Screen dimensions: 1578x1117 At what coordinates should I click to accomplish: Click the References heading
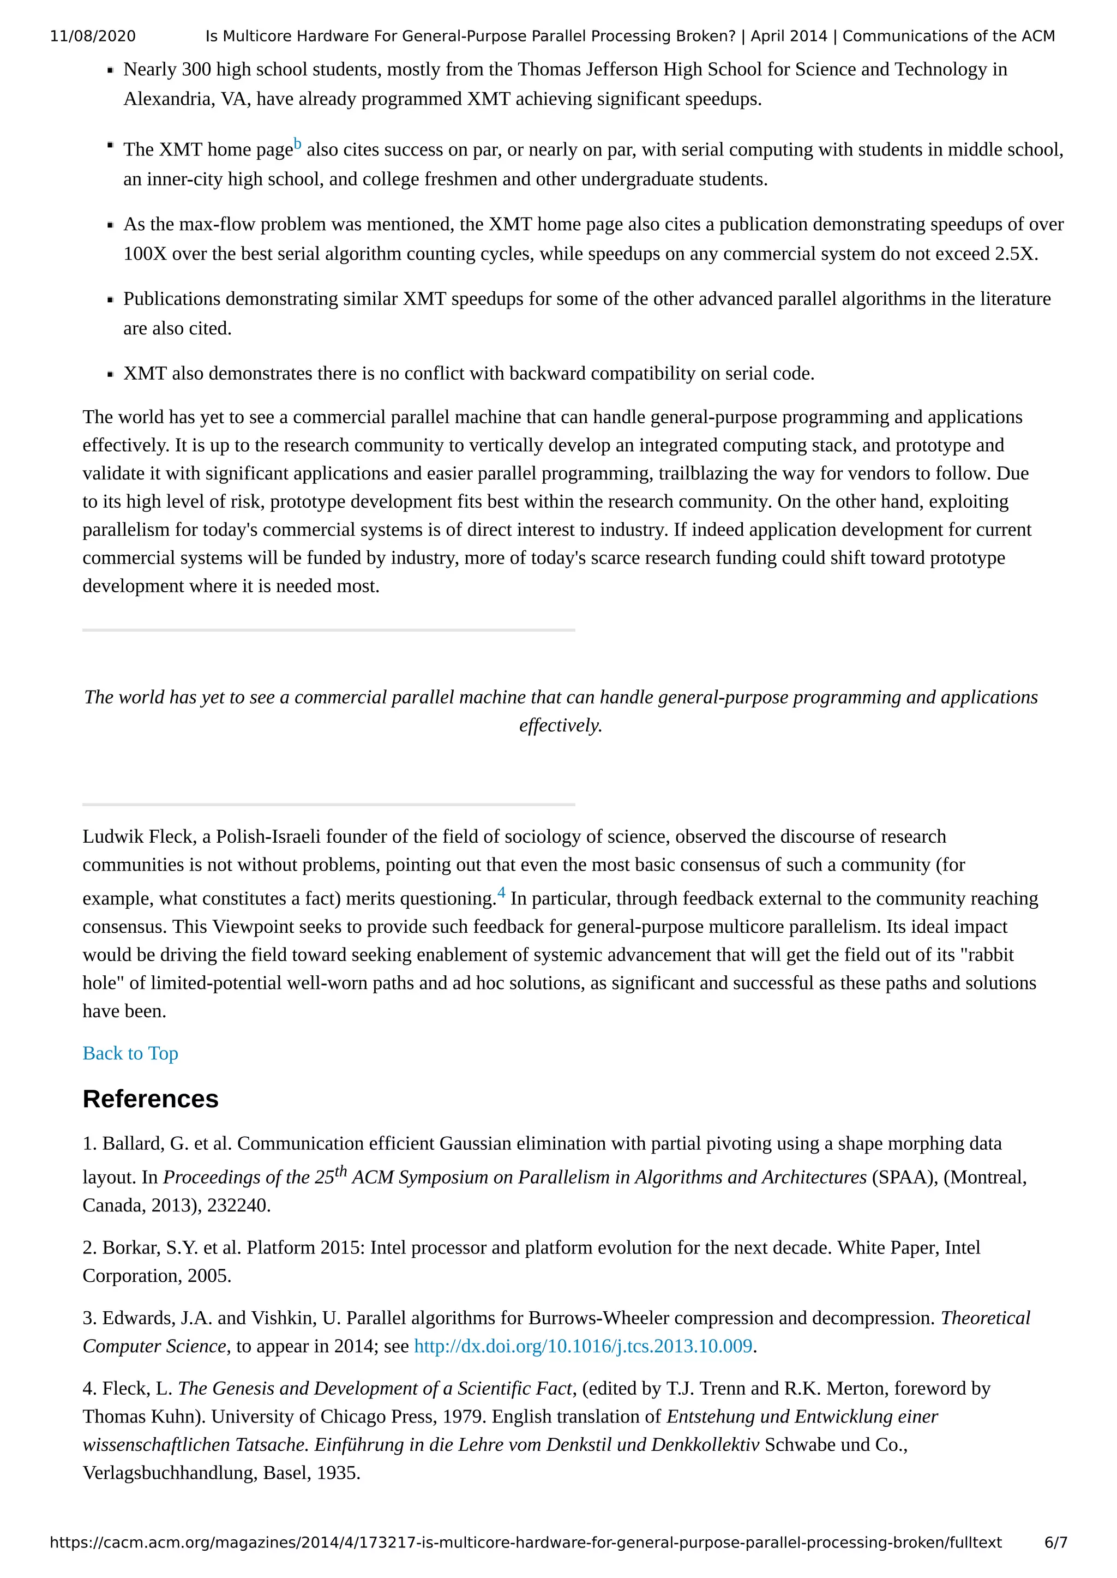point(150,1099)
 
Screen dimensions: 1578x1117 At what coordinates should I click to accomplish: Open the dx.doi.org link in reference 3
point(582,1346)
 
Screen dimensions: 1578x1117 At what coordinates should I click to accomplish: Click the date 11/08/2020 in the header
point(92,37)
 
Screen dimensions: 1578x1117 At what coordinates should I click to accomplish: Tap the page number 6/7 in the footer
point(1055,1542)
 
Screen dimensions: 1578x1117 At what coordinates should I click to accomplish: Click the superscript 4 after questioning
point(501,893)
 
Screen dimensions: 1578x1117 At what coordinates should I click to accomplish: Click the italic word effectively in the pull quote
point(560,725)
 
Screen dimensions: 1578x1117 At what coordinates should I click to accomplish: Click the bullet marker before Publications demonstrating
point(110,300)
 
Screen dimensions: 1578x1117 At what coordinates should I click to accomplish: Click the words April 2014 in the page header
point(788,37)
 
